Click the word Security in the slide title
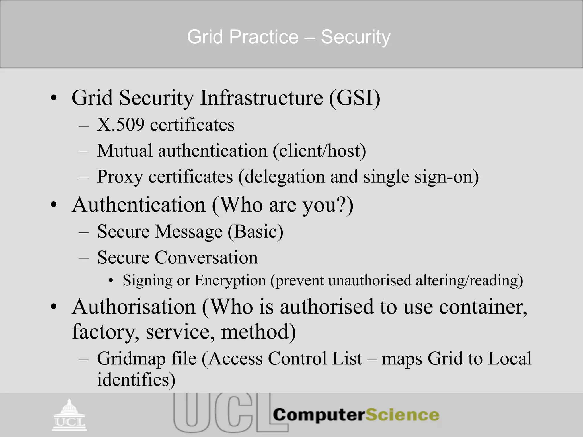356,37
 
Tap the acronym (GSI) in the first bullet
355,98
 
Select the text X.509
121,125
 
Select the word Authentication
139,205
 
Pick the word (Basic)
255,231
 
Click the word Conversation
206,257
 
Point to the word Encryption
230,280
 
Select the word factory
106,332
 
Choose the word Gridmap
131,358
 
